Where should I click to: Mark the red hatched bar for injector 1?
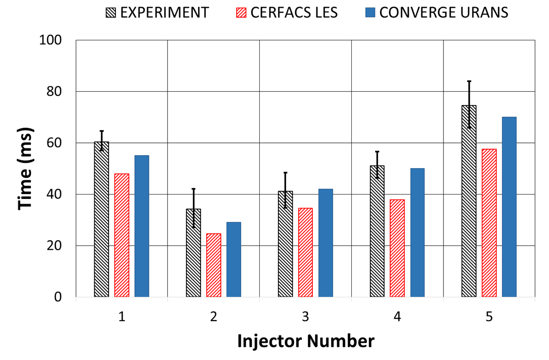pos(122,235)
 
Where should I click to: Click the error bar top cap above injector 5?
pos(469,81)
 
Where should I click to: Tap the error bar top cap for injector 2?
pos(194,189)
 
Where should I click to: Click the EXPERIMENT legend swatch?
pos(110,12)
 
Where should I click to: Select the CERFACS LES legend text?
pos(295,12)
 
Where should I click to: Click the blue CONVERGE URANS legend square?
pos(370,12)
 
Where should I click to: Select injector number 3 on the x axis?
pos(306,317)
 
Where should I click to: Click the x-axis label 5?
pos(489,317)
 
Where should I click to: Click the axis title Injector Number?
pos(306,341)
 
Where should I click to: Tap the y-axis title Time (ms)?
pos(26,169)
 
